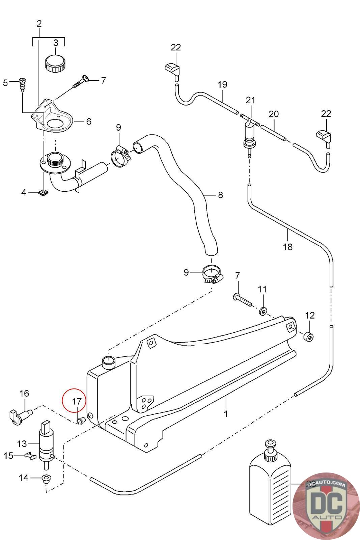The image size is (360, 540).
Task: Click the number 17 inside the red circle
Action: pos(77,401)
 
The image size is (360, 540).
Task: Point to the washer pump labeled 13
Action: pos(46,445)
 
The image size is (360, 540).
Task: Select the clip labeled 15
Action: pos(30,456)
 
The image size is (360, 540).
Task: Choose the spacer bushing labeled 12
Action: pos(309,337)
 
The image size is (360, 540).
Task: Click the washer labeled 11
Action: pos(263,310)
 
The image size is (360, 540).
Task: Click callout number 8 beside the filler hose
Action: pos(220,195)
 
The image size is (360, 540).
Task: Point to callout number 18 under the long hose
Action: pos(287,247)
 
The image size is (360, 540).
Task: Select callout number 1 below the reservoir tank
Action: pos(226,413)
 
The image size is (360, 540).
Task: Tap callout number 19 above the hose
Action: pos(222,84)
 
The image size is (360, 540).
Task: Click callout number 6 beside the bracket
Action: pos(89,121)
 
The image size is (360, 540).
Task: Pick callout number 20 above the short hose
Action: pos(274,114)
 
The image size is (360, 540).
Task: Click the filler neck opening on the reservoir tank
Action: pos(109,362)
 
